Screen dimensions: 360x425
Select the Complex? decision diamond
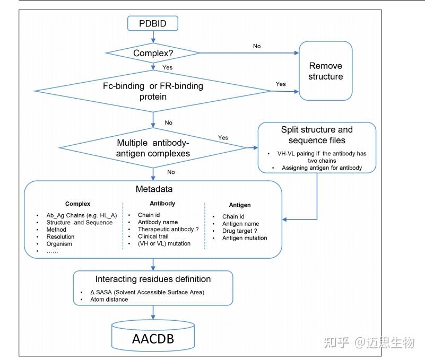153,53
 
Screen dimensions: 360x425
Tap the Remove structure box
326,71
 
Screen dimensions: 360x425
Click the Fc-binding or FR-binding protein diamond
153,91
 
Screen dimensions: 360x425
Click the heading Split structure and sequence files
317,135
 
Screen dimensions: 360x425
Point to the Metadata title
153,189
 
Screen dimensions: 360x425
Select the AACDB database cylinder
153,338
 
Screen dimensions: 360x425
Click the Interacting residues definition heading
153,279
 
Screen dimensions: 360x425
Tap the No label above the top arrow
257,46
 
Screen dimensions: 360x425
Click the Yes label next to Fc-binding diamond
281,84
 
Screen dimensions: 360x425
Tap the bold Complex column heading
77,203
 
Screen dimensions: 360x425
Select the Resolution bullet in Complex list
60,237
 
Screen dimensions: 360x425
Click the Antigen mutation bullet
245,238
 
